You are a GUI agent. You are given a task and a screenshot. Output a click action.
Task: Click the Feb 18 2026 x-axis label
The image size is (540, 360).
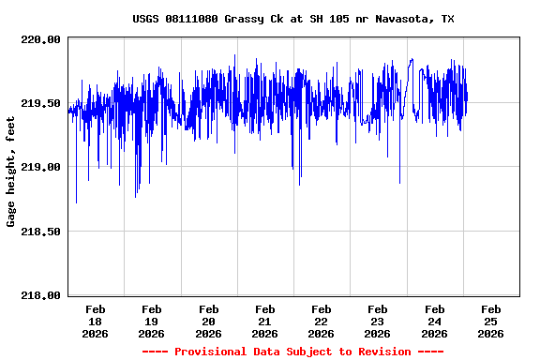pyautogui.click(x=96, y=321)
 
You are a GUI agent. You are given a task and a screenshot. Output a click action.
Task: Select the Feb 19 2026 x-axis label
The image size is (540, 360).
pyautogui.click(x=152, y=321)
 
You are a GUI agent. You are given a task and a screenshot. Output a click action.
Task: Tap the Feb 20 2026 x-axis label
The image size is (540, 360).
pyautogui.click(x=208, y=321)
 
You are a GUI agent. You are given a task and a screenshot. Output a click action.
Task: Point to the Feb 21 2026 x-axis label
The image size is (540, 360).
pyautogui.click(x=264, y=321)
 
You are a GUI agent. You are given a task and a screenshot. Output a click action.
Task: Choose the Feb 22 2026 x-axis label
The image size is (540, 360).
pyautogui.click(x=321, y=321)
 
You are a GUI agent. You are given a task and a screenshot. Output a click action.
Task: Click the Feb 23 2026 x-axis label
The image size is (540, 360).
pyautogui.click(x=377, y=321)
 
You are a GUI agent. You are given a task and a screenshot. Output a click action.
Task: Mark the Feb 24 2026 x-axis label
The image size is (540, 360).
pyautogui.click(x=433, y=321)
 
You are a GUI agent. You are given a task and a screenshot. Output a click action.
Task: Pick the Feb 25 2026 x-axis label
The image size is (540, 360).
pyautogui.click(x=489, y=321)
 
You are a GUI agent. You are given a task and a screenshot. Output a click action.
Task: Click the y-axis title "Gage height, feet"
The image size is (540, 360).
pyautogui.click(x=11, y=172)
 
